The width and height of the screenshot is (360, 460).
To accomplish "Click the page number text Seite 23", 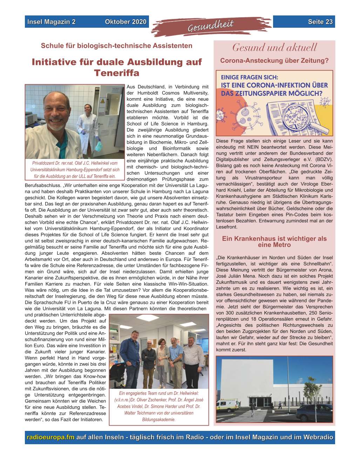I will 320,22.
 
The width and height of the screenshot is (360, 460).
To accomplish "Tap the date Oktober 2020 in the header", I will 125,22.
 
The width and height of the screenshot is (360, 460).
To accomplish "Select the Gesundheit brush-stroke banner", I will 211,25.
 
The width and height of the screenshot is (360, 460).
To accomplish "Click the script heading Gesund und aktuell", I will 274,47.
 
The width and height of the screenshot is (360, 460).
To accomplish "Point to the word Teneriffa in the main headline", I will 117,73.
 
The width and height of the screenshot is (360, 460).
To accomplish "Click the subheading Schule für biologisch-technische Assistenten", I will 117,46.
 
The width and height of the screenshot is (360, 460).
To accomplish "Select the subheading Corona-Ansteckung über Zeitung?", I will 274,61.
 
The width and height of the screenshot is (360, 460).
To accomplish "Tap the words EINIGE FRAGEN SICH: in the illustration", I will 250,77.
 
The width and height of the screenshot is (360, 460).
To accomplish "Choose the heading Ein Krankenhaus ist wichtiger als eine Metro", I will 274,242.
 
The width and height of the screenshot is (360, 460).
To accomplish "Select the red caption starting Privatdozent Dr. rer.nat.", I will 75,169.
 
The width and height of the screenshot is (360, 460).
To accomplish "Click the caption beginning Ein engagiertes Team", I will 159,406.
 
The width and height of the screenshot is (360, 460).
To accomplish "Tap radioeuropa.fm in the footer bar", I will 50,437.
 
